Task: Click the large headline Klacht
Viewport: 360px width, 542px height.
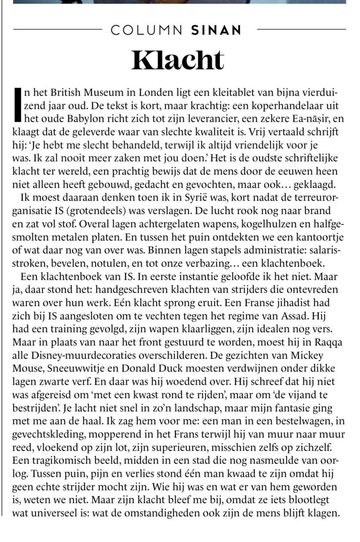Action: click(x=177, y=60)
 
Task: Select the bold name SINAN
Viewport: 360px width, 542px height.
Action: click(x=216, y=30)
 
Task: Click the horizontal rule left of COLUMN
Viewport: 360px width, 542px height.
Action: click(x=58, y=29)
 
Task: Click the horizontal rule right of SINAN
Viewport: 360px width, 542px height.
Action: click(x=301, y=29)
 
